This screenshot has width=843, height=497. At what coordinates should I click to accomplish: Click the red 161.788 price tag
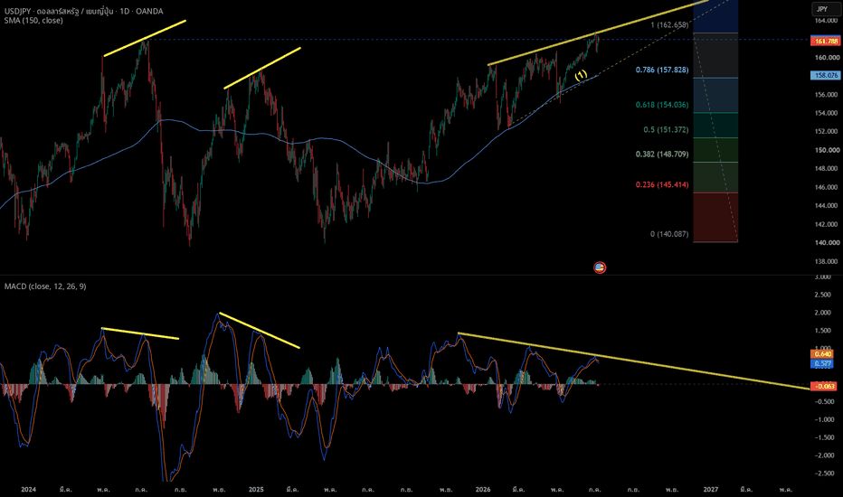click(825, 41)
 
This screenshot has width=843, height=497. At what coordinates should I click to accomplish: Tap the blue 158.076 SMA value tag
click(825, 75)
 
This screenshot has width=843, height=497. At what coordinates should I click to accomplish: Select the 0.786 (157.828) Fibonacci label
click(662, 70)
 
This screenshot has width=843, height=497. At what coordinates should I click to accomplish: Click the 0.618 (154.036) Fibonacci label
click(662, 105)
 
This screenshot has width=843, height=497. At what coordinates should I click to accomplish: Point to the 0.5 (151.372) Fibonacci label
click(666, 129)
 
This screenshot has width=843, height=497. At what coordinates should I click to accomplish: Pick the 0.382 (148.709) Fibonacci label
click(662, 155)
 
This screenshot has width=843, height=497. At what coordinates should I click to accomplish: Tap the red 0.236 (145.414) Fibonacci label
click(662, 185)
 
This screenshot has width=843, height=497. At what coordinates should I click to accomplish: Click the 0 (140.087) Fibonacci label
click(669, 234)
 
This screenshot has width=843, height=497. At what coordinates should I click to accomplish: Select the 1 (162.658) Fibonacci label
click(669, 24)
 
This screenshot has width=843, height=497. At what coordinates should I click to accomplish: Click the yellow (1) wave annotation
click(581, 75)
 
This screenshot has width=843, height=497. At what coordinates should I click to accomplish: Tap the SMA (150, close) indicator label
click(33, 21)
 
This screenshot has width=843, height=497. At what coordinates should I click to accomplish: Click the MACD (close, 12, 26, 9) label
click(45, 286)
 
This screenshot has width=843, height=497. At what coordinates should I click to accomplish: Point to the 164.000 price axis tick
click(827, 21)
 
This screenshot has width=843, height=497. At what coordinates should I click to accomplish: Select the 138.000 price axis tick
click(827, 261)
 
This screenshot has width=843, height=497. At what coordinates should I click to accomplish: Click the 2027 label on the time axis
click(711, 490)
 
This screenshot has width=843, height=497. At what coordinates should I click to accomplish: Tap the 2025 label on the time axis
click(256, 490)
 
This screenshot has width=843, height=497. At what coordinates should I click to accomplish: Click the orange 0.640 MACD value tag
click(822, 354)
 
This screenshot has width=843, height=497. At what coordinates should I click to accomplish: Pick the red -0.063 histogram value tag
click(823, 386)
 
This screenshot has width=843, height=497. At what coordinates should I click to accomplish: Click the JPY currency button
click(822, 9)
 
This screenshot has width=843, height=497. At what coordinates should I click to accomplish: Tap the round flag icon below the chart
click(600, 267)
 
